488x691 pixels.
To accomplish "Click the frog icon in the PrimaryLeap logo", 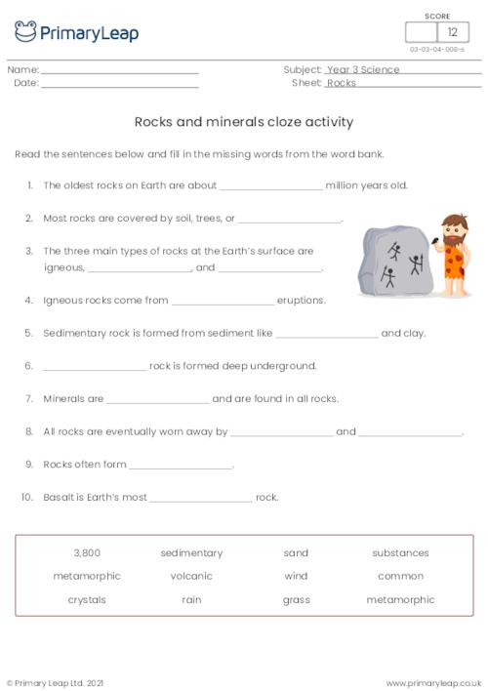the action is click(x=25, y=32).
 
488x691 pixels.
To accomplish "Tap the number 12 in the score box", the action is click(x=452, y=32).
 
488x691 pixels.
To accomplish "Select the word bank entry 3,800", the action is click(x=87, y=553).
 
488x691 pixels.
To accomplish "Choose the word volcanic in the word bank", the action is click(x=191, y=577).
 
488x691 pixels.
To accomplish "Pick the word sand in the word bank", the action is click(x=296, y=553).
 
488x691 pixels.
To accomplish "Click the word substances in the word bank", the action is click(x=400, y=553).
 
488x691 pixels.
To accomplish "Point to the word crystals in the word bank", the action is click(x=87, y=600).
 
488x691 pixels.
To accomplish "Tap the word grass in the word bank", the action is click(x=296, y=600).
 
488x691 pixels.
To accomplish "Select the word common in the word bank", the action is click(x=400, y=577).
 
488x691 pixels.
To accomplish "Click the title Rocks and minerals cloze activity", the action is click(x=243, y=123).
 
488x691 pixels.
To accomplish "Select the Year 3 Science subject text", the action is click(x=363, y=70).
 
